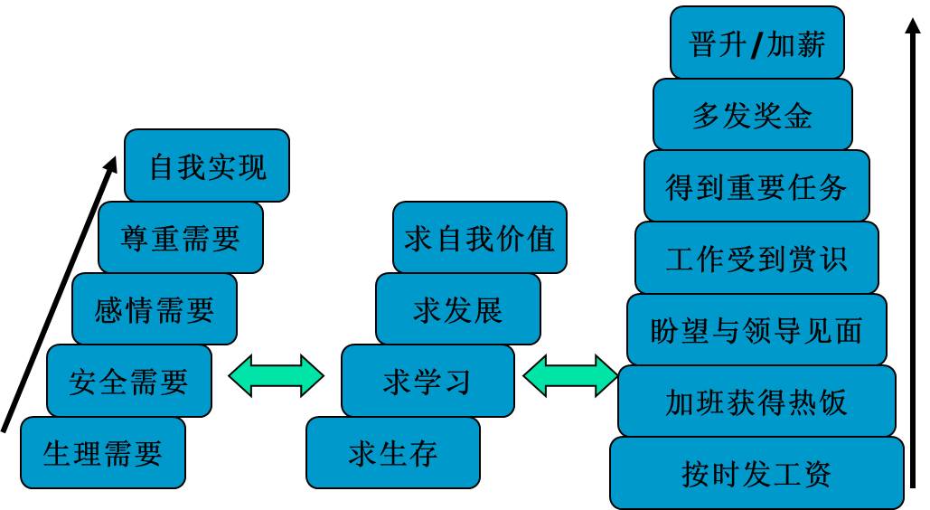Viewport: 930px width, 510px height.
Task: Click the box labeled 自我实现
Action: [x=207, y=165]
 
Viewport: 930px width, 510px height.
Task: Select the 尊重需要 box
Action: [x=181, y=237]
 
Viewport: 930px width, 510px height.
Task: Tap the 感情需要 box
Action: [x=155, y=309]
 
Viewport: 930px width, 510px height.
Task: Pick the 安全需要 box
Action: [x=128, y=381]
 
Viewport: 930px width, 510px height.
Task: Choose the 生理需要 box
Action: [x=102, y=452]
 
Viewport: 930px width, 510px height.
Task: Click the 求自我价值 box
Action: [x=480, y=239]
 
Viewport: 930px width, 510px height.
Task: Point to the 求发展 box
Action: [x=457, y=309]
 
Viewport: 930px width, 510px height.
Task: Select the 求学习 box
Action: [x=427, y=381]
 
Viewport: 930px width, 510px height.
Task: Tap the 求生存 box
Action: [x=393, y=452]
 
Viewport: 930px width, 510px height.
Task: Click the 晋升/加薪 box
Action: [x=757, y=43]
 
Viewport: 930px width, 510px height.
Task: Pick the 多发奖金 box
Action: [x=753, y=115]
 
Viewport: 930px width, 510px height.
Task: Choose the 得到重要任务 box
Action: [x=756, y=186]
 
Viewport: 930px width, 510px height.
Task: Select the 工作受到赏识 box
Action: [x=756, y=258]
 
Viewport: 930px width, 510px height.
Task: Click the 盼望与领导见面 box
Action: [x=756, y=330]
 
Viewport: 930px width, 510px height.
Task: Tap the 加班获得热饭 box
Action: [x=756, y=401]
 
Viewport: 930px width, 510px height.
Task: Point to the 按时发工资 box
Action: [x=756, y=473]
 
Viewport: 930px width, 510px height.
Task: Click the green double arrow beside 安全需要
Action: [x=276, y=375]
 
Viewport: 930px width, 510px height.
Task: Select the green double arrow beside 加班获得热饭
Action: [x=570, y=375]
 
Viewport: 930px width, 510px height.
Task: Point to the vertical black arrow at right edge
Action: [x=914, y=253]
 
